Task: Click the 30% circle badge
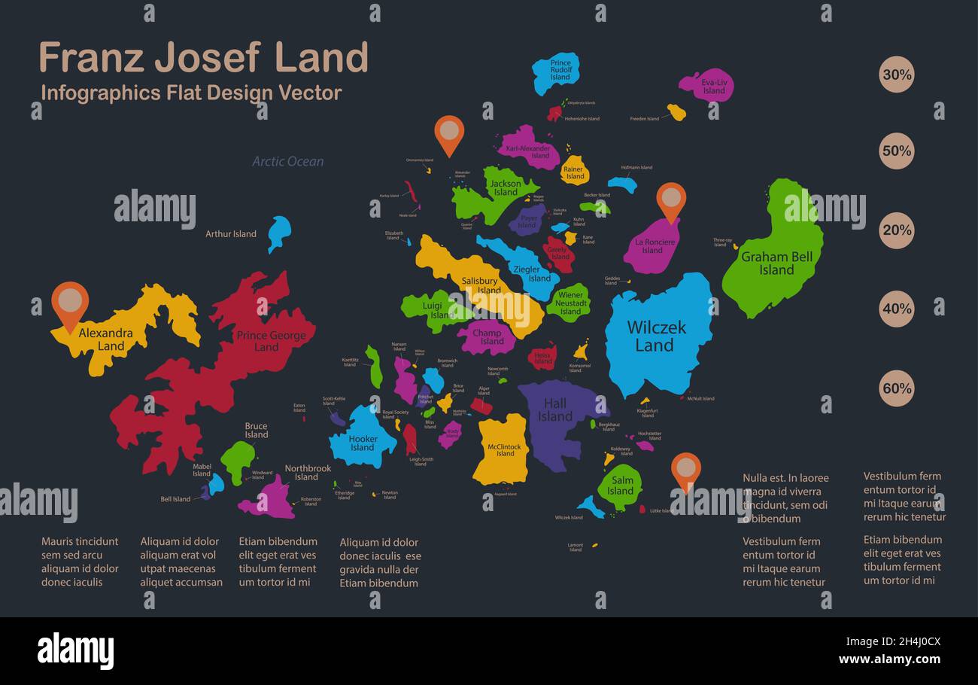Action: (x=897, y=75)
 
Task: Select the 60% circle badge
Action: (x=897, y=388)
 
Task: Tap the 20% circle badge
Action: (x=897, y=230)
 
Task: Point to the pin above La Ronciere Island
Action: (x=671, y=199)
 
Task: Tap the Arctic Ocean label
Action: (x=288, y=161)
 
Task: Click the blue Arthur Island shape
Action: (x=278, y=232)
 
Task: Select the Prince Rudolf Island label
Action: (x=560, y=70)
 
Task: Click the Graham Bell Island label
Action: (x=776, y=263)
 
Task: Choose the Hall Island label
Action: (x=555, y=410)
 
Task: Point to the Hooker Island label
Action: (x=363, y=443)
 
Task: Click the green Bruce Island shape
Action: (x=238, y=459)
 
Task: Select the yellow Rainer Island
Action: (x=573, y=172)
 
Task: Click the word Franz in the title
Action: (x=90, y=57)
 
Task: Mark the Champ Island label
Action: (x=488, y=336)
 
